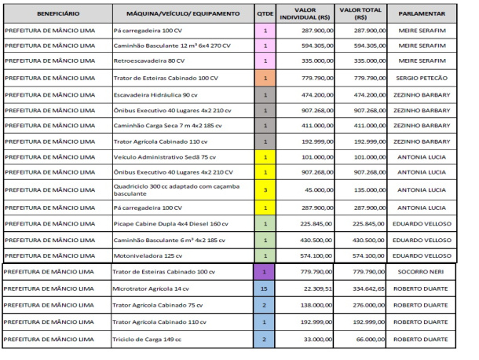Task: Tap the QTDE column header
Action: (265, 14)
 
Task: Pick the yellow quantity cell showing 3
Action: (265, 189)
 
